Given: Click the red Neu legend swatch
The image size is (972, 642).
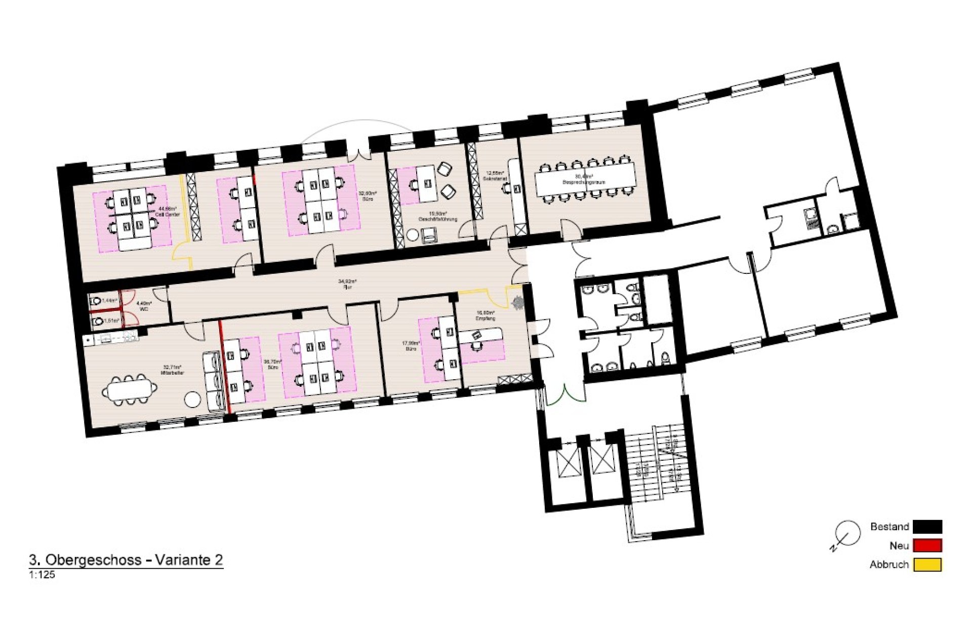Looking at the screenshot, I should (x=927, y=545).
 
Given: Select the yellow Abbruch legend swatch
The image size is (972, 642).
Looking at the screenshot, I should (x=927, y=565).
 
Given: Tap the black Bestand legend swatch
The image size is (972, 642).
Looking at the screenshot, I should (x=927, y=527).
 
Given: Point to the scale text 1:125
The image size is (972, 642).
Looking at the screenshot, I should (x=42, y=575).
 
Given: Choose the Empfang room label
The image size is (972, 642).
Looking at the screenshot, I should (x=485, y=318).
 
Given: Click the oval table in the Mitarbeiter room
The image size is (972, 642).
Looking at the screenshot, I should (x=130, y=390).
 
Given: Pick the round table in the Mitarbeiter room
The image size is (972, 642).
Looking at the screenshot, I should (x=192, y=399).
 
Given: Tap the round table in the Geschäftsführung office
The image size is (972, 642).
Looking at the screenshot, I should (x=413, y=235).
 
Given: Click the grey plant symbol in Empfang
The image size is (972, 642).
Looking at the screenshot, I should (x=518, y=303).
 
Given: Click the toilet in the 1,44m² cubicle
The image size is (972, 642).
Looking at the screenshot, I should (x=96, y=301).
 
